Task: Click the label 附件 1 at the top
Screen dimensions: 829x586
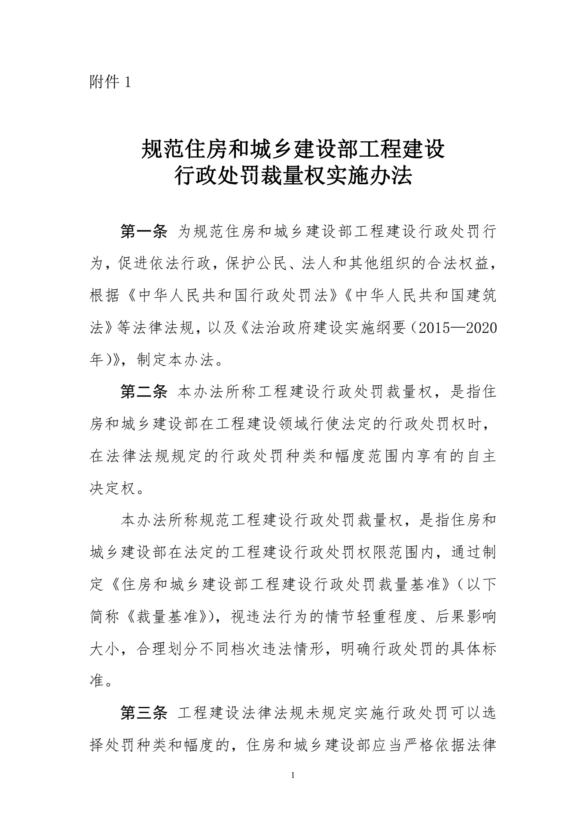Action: pos(110,82)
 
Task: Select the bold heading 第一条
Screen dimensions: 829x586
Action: pos(143,232)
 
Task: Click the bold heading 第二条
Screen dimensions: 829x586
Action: pos(143,392)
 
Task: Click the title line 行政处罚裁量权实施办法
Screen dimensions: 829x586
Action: pos(293,177)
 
